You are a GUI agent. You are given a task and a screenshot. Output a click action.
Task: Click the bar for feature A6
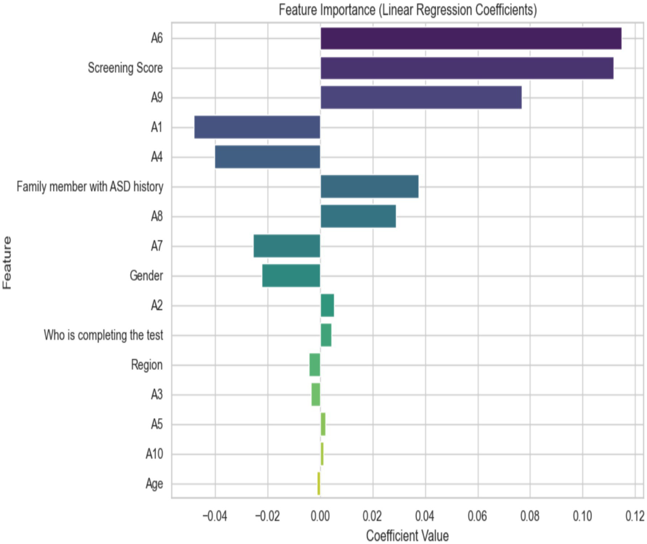(x=471, y=38)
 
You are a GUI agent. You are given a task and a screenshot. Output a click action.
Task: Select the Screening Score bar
(x=467, y=68)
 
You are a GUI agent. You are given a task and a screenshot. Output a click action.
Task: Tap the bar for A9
(x=421, y=98)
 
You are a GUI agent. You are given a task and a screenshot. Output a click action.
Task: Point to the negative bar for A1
(x=257, y=127)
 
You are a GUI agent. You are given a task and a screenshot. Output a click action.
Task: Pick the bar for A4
(x=268, y=157)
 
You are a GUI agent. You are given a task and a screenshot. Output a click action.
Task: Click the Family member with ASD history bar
(x=369, y=187)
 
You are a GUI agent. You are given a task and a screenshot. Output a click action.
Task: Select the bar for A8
(x=358, y=216)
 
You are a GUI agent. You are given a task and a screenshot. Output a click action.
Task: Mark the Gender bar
(x=291, y=276)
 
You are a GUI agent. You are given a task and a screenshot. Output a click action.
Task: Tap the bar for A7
(x=287, y=246)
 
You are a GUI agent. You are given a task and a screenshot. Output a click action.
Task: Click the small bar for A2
(x=327, y=305)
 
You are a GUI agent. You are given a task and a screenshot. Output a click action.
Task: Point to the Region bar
(x=315, y=365)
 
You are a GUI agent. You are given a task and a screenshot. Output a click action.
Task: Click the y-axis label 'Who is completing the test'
(x=103, y=335)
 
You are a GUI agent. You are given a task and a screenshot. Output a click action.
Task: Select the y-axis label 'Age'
(x=154, y=484)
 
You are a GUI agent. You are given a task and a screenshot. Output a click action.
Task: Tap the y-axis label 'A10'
(x=154, y=454)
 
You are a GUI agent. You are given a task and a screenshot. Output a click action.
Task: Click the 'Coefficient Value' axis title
(x=407, y=536)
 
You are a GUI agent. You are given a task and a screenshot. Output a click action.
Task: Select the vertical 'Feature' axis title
(x=7, y=263)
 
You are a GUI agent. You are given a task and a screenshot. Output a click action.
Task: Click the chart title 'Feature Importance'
(x=407, y=10)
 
